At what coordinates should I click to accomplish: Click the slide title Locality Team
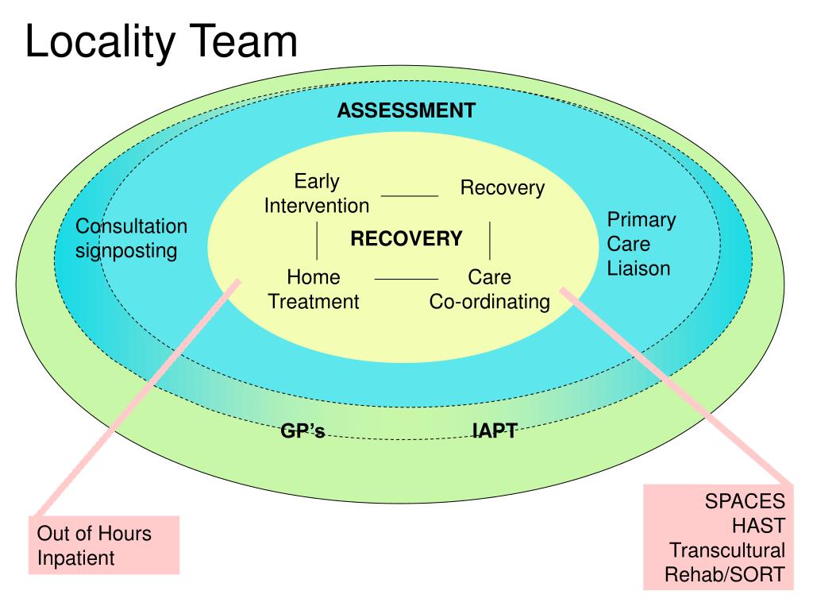(161, 42)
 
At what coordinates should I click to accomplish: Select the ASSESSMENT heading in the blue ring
(406, 110)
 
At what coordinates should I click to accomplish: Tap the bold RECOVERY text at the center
(406, 239)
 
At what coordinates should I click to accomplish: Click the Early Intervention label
(316, 194)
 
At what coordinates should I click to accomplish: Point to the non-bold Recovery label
(503, 188)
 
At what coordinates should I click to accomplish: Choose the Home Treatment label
(314, 290)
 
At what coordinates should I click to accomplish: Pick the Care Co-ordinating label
(490, 290)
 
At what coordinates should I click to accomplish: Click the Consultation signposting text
(131, 239)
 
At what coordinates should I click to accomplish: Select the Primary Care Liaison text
(641, 244)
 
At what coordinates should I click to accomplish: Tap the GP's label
(302, 431)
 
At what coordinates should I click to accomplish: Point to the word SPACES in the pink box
(745, 502)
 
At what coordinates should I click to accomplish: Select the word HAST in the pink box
(758, 526)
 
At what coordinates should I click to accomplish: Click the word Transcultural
(726, 550)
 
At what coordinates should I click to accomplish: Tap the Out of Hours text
(94, 532)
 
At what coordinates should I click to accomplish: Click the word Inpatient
(76, 558)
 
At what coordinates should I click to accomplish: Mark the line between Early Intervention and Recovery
(410, 195)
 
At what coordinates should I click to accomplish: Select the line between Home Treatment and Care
(406, 280)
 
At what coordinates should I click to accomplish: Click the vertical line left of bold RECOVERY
(318, 241)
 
